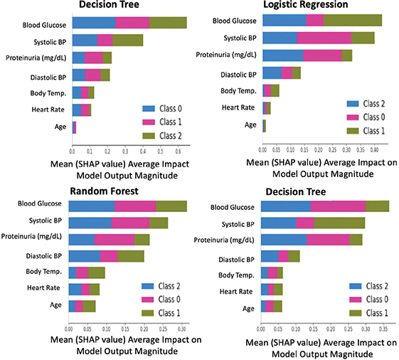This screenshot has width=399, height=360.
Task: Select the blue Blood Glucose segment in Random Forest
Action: pos(91,206)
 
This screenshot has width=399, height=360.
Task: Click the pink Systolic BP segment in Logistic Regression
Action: pos(324,38)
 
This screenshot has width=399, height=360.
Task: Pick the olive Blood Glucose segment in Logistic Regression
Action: pos(353,20)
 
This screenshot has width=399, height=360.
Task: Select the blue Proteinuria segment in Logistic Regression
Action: pos(283,55)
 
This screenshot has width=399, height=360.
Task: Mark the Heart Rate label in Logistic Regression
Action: pos(239,107)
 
